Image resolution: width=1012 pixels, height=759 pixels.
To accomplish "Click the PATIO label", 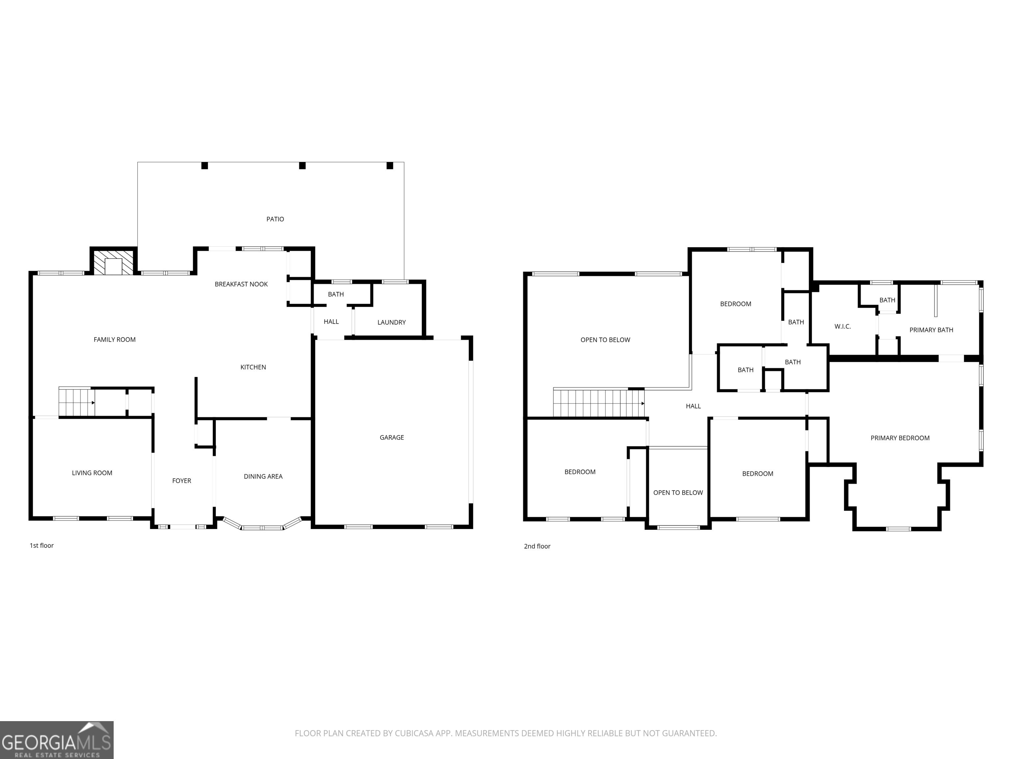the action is (x=275, y=219).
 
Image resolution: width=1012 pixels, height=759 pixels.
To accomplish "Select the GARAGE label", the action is (x=392, y=437).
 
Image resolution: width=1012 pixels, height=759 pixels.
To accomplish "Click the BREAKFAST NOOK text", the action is (x=241, y=284).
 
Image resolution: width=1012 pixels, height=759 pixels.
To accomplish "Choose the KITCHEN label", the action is (x=253, y=367).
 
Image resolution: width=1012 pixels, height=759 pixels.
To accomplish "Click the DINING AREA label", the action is (x=263, y=476).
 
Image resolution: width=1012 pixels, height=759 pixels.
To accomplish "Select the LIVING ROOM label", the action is (x=92, y=473).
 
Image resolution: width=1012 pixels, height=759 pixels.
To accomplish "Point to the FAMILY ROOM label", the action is (x=114, y=339).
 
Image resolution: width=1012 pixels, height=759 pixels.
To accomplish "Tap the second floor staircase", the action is (x=599, y=403).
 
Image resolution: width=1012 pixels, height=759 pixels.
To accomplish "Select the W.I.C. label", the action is (x=842, y=326).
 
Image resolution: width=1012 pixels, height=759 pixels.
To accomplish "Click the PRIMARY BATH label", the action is (x=931, y=330).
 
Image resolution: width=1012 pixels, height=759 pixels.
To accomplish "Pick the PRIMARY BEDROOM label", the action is (x=900, y=438).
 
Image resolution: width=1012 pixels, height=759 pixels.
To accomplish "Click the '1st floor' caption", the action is (x=42, y=545).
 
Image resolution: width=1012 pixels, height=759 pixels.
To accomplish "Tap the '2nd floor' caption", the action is (x=537, y=546).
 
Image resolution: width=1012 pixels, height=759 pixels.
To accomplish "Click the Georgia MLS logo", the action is (x=57, y=740).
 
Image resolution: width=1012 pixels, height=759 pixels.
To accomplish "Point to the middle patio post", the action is (x=302, y=166).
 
